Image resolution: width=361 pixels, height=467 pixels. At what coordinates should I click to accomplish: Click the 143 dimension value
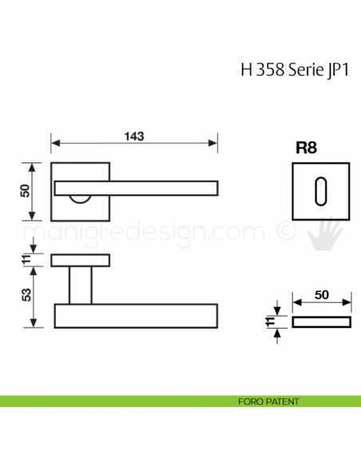coord(134,136)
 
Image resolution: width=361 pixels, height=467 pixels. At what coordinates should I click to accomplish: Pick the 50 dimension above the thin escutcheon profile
coord(322,294)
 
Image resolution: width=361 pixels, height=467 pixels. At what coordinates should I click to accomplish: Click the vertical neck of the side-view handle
coord(80,285)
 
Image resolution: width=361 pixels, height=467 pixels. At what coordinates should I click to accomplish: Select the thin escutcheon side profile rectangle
coord(322,321)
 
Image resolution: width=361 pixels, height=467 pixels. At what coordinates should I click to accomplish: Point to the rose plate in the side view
coord(80,260)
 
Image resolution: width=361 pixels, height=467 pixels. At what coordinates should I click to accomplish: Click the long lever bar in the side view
coord(136,315)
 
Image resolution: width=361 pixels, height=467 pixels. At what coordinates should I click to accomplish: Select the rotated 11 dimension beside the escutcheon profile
coord(269,321)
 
